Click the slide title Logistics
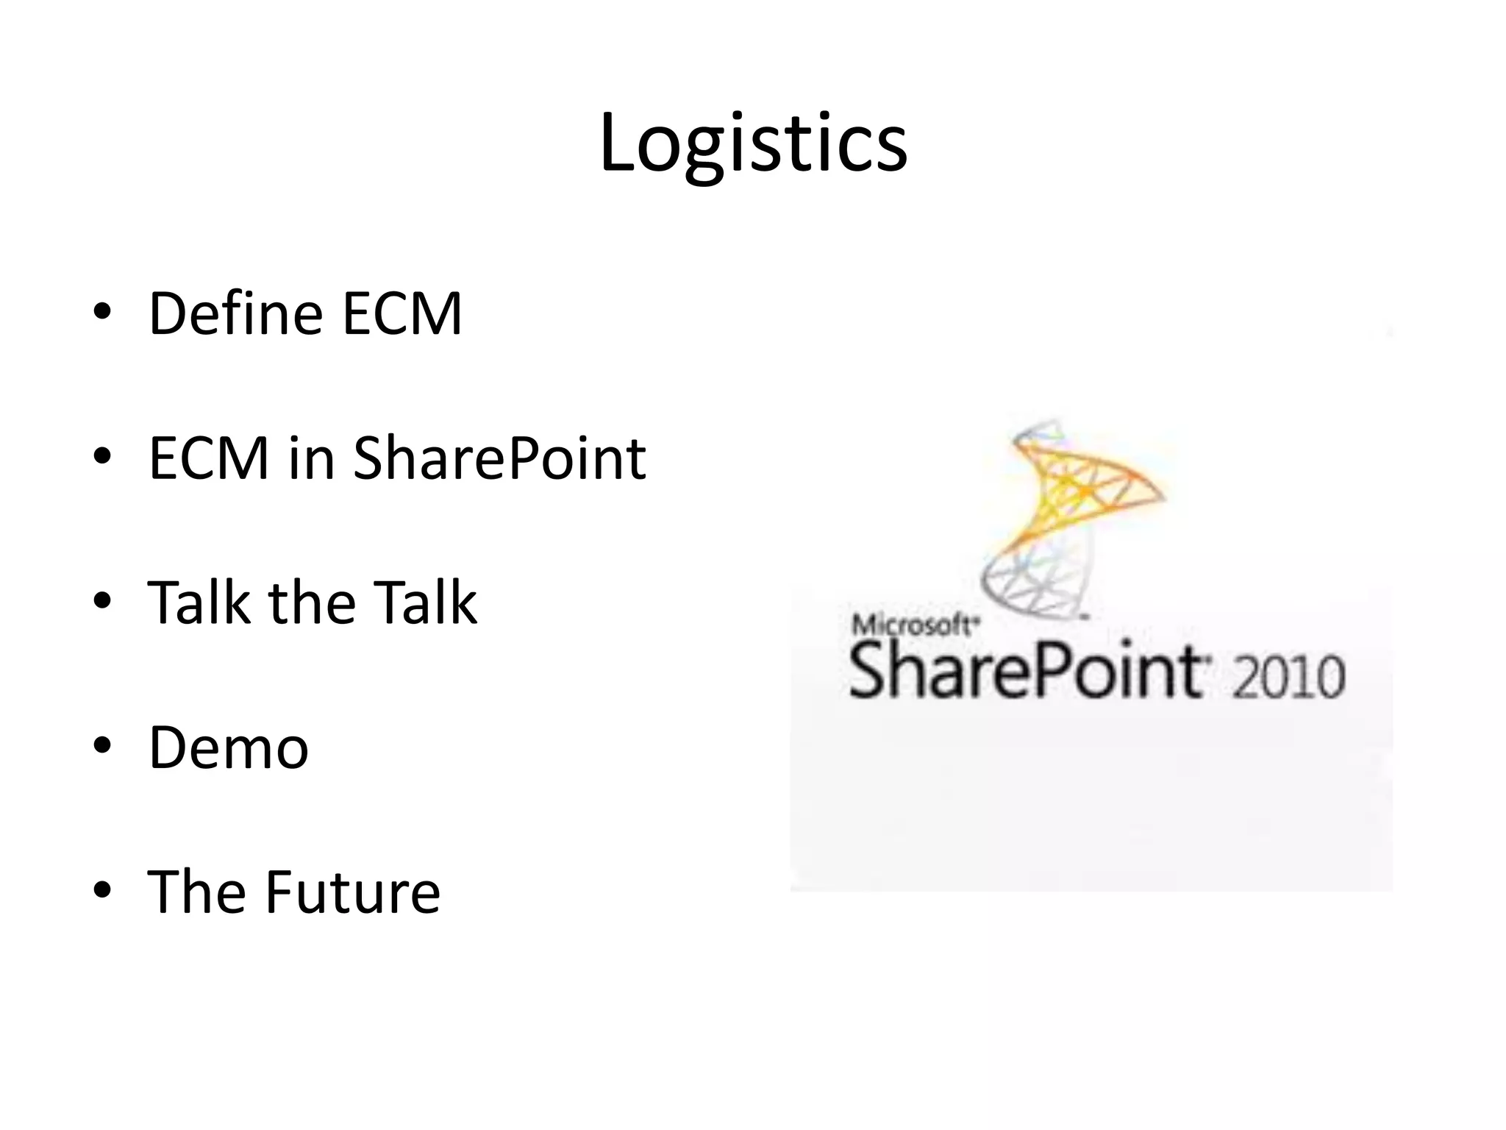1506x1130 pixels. (x=753, y=143)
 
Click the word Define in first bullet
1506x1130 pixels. (x=235, y=313)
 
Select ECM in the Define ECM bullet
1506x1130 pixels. (x=402, y=313)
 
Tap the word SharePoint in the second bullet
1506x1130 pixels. (x=499, y=458)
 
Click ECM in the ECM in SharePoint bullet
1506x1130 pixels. (x=209, y=458)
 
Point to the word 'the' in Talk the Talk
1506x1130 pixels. (x=310, y=603)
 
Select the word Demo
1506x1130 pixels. (x=228, y=747)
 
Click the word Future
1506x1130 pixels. (x=352, y=892)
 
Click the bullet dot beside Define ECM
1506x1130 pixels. (x=102, y=312)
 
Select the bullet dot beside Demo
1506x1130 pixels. (x=102, y=746)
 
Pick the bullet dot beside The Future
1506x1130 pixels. (x=102, y=890)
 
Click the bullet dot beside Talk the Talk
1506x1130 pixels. (x=102, y=601)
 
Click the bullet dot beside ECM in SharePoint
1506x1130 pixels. (x=102, y=457)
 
